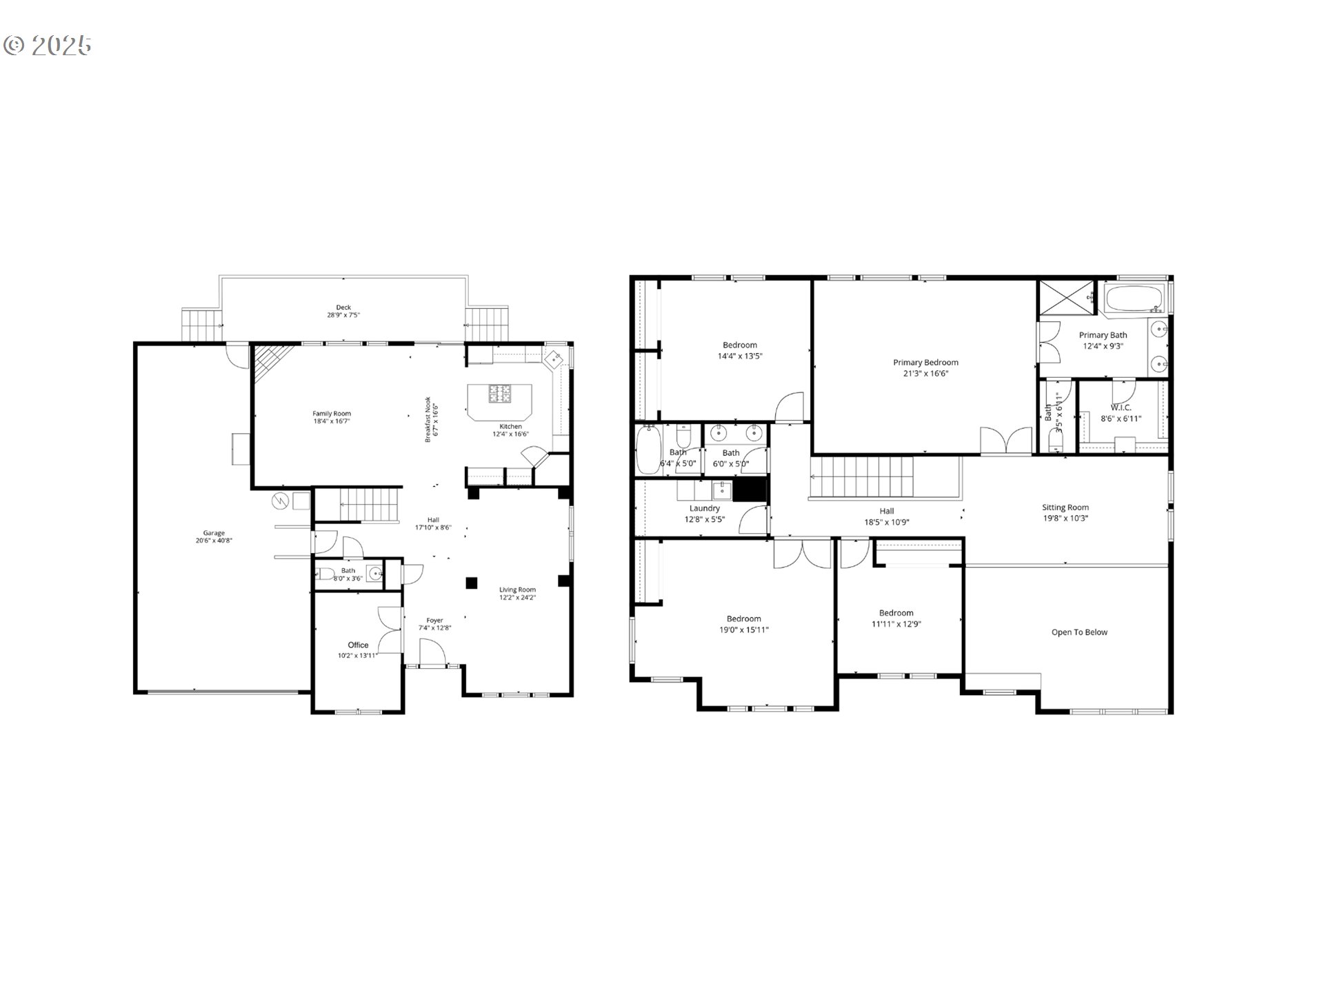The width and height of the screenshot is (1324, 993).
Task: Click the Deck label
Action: (x=343, y=308)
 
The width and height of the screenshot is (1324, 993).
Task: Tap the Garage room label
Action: (x=214, y=533)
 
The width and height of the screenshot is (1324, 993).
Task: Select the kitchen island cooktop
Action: (x=501, y=394)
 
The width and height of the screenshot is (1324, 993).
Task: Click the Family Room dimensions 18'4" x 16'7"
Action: (x=332, y=421)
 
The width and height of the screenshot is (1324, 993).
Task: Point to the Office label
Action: (x=358, y=645)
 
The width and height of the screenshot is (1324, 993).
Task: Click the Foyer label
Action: (x=434, y=620)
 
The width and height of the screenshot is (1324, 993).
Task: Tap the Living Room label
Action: (x=517, y=590)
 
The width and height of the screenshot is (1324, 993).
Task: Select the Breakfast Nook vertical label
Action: (x=428, y=419)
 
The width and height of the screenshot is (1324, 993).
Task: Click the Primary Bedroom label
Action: (x=925, y=362)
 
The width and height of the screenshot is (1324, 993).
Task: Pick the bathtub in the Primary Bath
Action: (x=1134, y=299)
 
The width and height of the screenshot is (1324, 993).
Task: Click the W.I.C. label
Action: (x=1121, y=408)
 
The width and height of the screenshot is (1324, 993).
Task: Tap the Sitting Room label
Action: (x=1065, y=508)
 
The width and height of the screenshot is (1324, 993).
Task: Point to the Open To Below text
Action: (x=1079, y=632)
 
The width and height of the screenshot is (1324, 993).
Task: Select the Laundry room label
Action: (x=704, y=508)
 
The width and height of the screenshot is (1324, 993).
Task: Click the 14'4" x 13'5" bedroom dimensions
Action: (x=740, y=357)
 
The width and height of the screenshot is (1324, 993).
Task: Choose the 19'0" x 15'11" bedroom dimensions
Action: (x=743, y=630)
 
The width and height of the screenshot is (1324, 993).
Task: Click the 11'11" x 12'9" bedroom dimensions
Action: (x=896, y=624)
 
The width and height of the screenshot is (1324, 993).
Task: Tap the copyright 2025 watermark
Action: (x=47, y=46)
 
